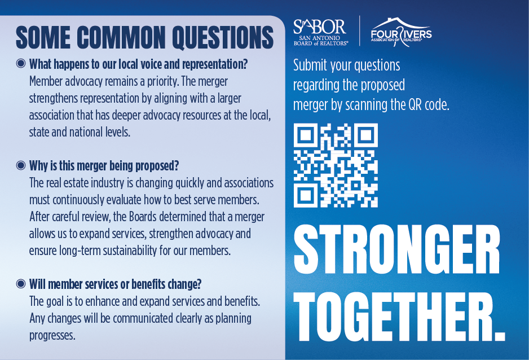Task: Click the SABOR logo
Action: tap(320, 32)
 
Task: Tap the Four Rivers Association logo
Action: tap(401, 32)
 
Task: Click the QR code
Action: tap(336, 165)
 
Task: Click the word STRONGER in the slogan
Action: tap(396, 250)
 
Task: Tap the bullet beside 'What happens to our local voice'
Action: tap(21, 64)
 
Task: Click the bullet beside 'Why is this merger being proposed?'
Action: tap(21, 166)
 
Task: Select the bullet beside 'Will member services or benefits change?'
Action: tap(21, 283)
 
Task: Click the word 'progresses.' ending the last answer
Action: tap(52, 336)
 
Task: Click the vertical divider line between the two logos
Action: tap(360, 32)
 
